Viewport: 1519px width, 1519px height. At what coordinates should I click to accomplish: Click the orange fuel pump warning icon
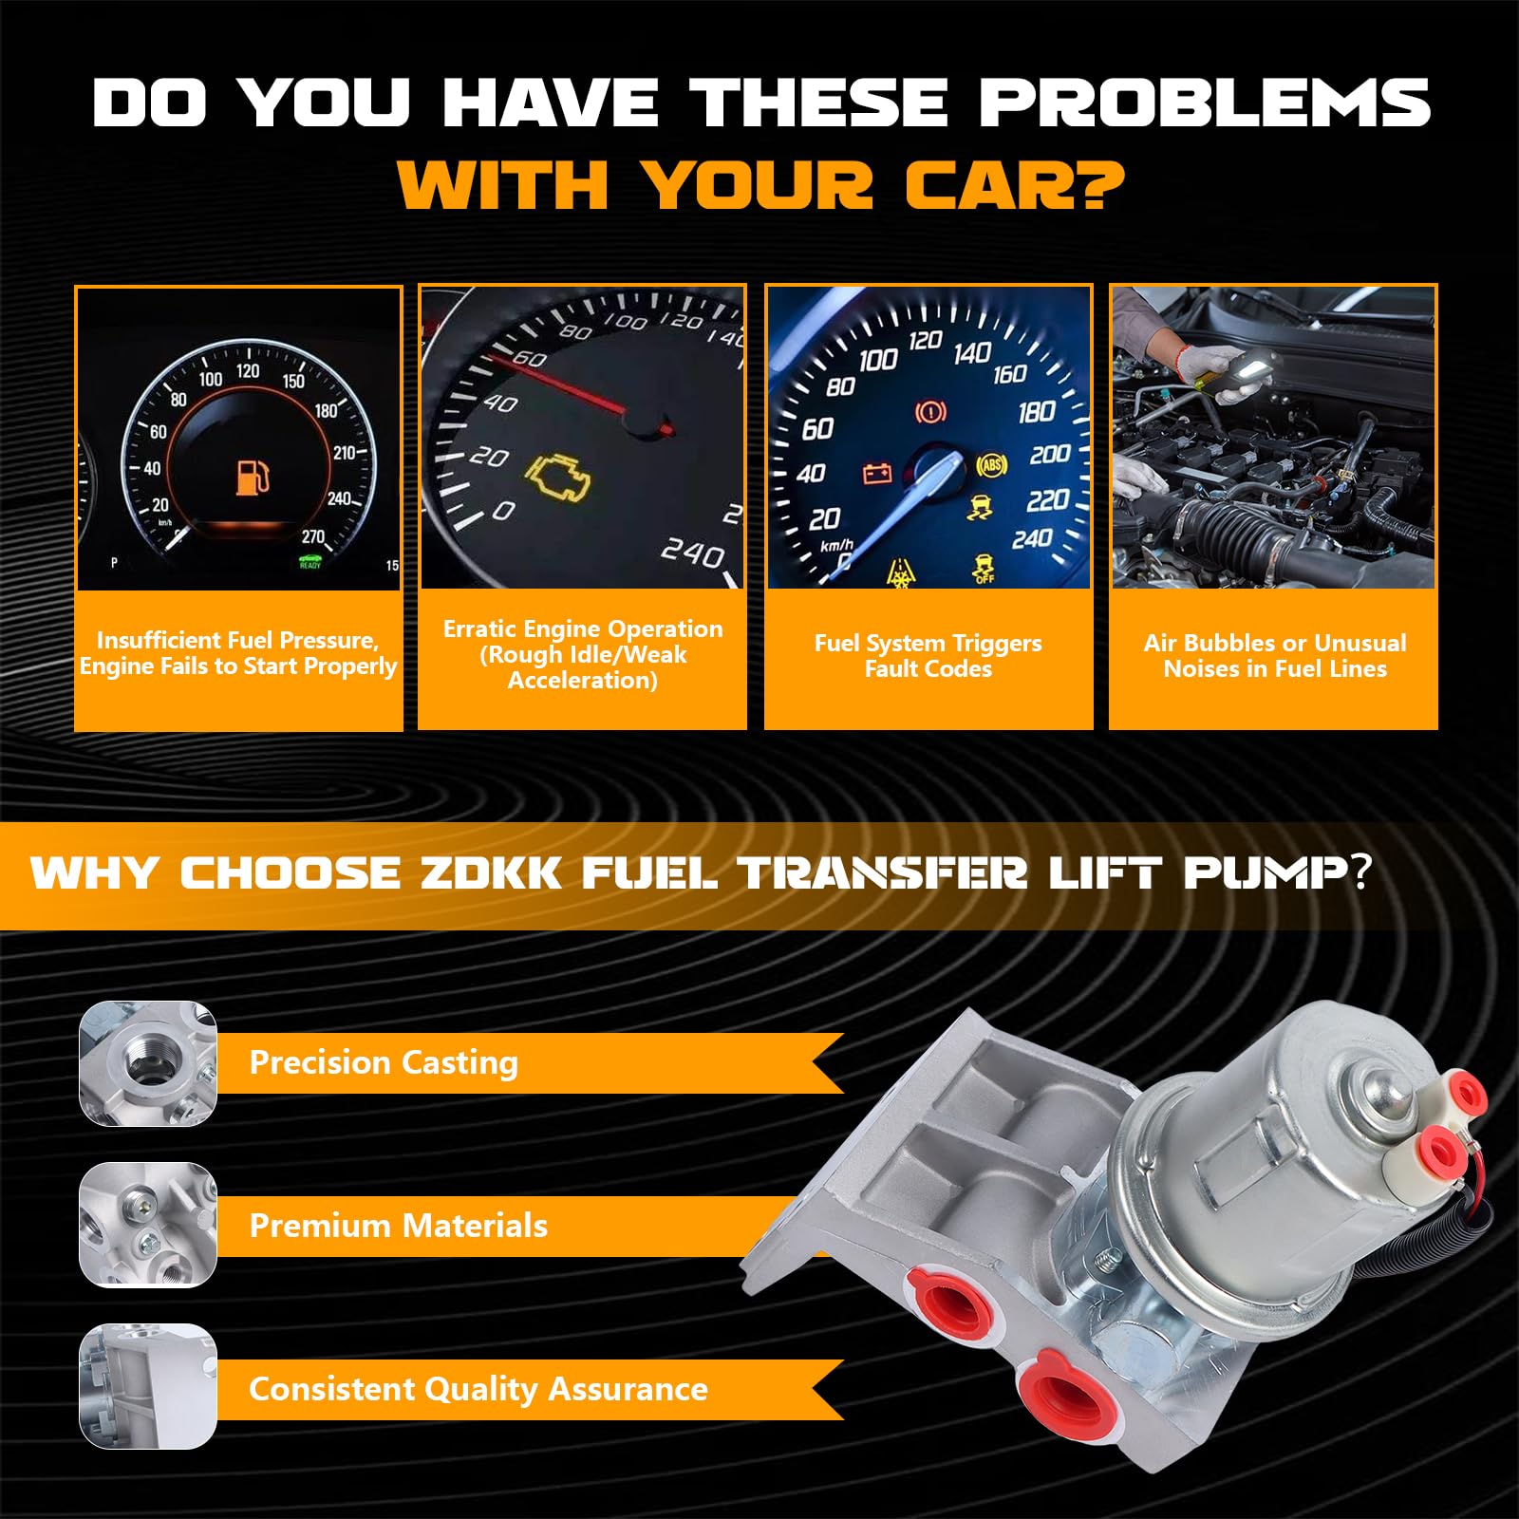pos(253,478)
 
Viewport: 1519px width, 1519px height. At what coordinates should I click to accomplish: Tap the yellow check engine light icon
pos(559,478)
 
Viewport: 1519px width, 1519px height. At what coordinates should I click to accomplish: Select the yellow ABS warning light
pos(991,464)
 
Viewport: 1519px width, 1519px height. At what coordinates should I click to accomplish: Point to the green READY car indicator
pos(310,562)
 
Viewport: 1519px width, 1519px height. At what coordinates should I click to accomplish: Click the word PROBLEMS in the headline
pos(1205,102)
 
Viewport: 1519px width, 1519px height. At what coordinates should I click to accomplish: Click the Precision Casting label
pos(384,1062)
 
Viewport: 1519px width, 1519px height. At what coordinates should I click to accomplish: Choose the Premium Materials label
pos(398,1226)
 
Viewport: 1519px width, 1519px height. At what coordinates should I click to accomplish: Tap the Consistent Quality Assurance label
pos(478,1389)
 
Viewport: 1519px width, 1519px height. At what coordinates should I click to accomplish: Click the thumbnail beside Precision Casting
pos(148,1063)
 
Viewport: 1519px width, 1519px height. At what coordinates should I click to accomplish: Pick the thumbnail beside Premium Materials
pos(148,1225)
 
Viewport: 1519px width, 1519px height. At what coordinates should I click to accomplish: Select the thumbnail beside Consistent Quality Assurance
pos(148,1387)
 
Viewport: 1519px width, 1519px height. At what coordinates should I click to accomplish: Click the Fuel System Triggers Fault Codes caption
pos(928,656)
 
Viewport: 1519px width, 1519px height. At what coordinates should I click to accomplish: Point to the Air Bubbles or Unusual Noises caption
pos(1275,656)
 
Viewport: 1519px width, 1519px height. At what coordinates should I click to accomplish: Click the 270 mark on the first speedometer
pos(313,537)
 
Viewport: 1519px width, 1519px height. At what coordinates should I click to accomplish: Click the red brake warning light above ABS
pos(930,412)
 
